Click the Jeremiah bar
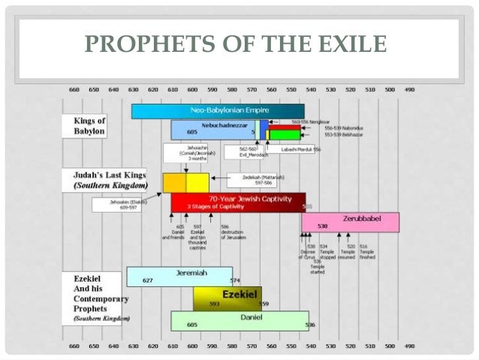tap(180, 276)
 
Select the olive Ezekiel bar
tap(233, 298)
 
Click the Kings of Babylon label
tap(89, 126)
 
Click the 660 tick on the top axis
tap(74, 89)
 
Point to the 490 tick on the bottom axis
tap(408, 346)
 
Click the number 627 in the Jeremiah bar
tap(148, 281)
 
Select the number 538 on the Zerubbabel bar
tap(322, 226)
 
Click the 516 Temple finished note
tap(367, 251)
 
